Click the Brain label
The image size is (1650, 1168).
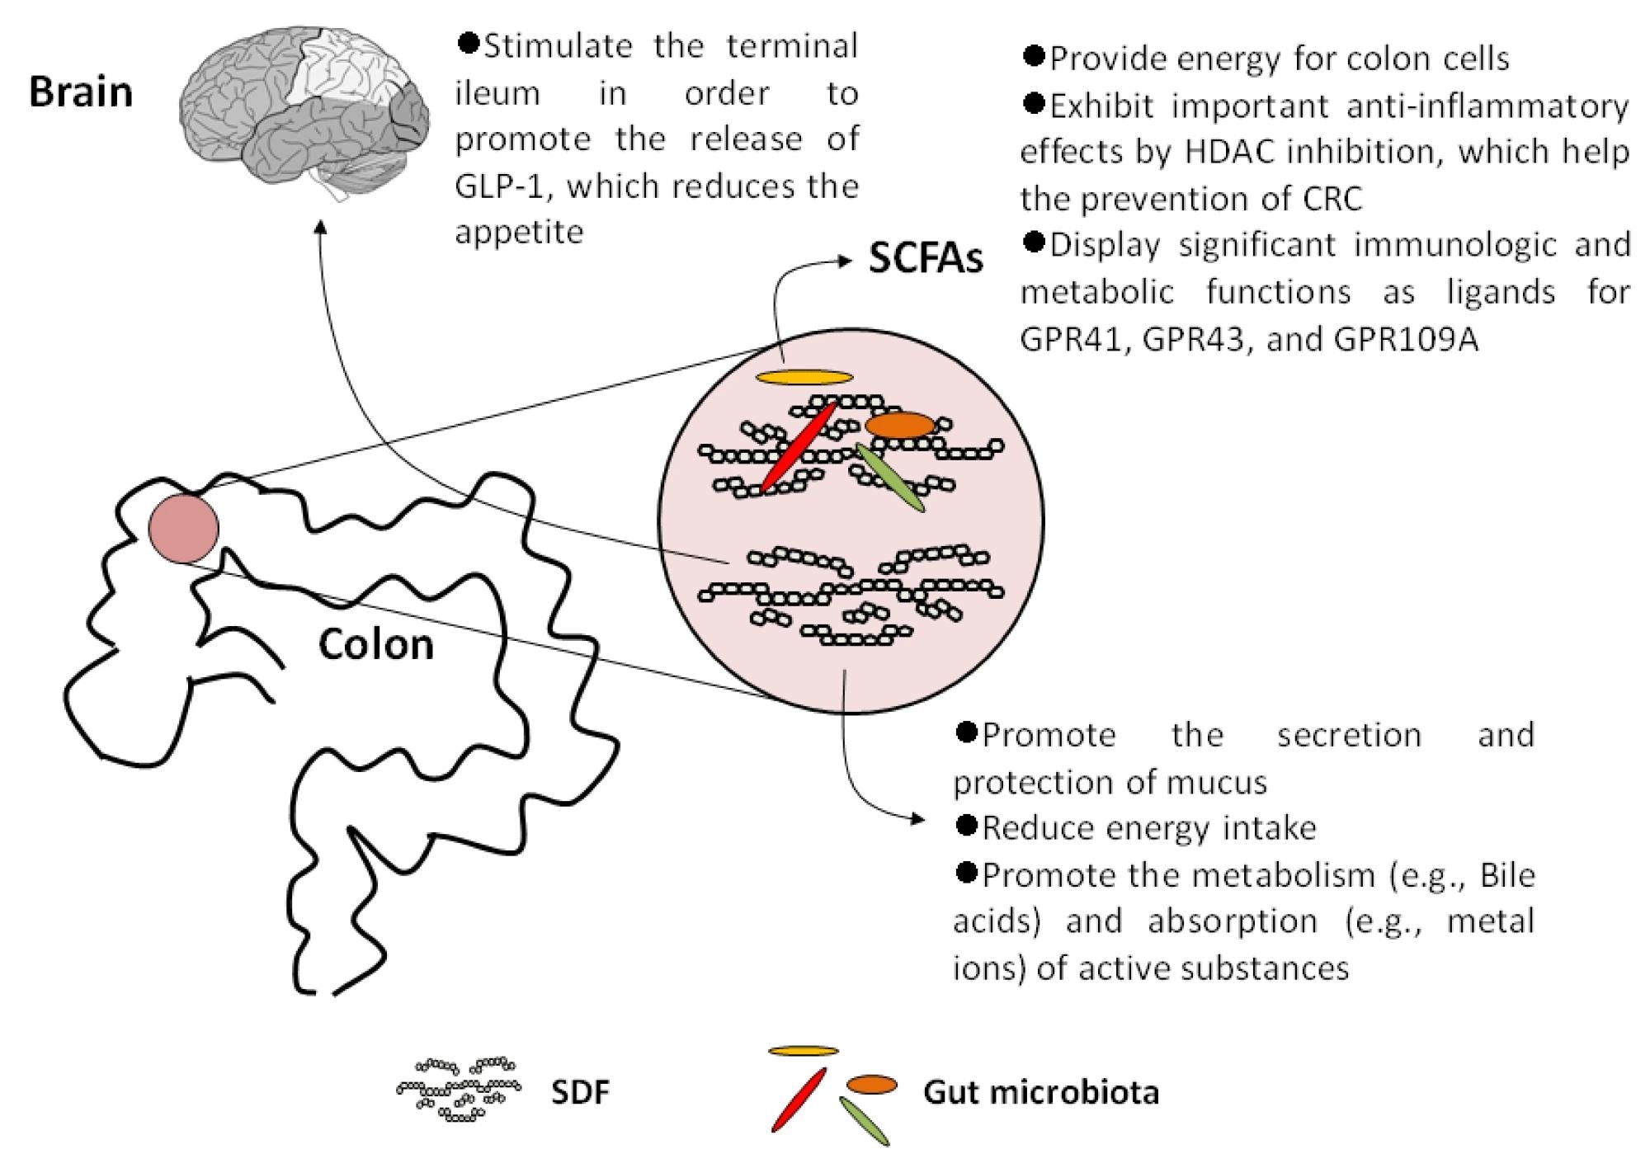(81, 92)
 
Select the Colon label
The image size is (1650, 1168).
(376, 644)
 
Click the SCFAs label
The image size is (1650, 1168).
(926, 259)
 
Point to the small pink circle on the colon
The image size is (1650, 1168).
(184, 528)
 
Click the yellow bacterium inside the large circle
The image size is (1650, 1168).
(804, 378)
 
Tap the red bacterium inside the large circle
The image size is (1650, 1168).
(799, 446)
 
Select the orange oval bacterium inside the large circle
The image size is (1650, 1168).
(901, 425)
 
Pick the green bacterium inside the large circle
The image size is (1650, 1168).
(890, 477)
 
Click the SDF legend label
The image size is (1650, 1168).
(580, 1092)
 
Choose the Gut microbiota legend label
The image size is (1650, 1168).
(1041, 1092)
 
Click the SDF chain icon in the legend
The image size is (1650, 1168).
(459, 1089)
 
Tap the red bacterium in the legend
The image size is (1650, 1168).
(799, 1099)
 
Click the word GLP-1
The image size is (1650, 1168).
(495, 187)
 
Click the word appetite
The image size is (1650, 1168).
(519, 233)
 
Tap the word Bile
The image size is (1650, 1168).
(1507, 874)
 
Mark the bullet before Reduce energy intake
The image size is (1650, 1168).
(965, 825)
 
